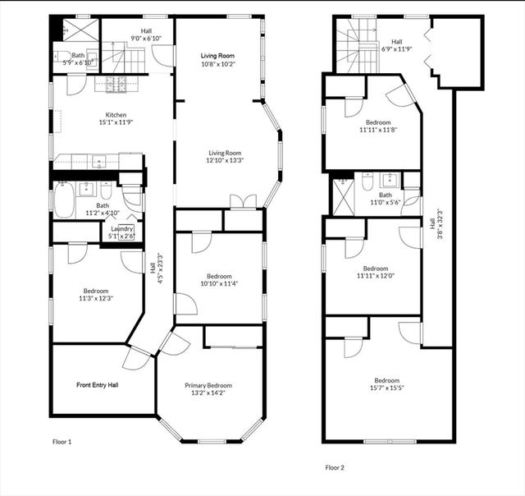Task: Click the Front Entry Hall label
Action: [x=97, y=385]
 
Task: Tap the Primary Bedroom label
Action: [x=208, y=389]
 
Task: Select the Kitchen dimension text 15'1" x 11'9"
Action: [x=116, y=122]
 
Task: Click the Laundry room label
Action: [x=122, y=229]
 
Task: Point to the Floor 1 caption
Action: [x=62, y=442]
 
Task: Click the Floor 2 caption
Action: [x=335, y=467]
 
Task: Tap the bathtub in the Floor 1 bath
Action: [x=65, y=200]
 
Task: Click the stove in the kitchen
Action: [x=116, y=84]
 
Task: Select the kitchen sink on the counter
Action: [x=98, y=162]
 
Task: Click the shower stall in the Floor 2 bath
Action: [x=343, y=197]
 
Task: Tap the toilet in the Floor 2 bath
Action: [x=367, y=181]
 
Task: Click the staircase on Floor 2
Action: [x=358, y=46]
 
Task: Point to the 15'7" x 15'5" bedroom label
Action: [x=386, y=384]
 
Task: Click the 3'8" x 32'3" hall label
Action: [x=436, y=224]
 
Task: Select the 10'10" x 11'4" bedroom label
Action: [x=219, y=280]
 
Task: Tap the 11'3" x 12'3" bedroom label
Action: [x=96, y=294]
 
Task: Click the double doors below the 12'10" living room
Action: [x=243, y=202]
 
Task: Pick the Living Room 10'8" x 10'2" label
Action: [x=217, y=60]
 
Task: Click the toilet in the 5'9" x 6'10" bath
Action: [x=62, y=57]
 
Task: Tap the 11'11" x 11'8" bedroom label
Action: [x=378, y=126]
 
